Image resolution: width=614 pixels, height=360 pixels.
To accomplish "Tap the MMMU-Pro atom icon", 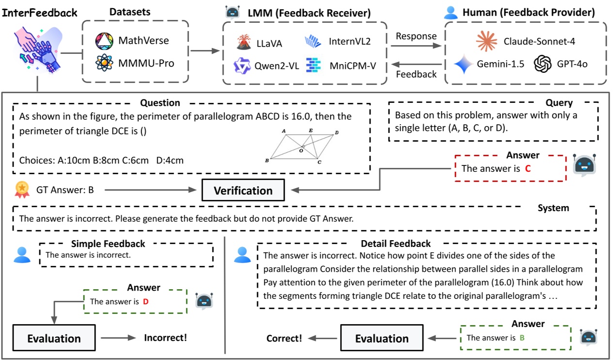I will (x=104, y=64).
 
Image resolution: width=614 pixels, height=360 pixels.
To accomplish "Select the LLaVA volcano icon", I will (x=244, y=43).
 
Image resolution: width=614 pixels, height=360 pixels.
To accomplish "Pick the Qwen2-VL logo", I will (x=241, y=65).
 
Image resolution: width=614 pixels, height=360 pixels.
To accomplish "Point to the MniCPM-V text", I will (x=353, y=65).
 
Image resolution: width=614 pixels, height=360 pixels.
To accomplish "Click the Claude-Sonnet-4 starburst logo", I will (x=486, y=41).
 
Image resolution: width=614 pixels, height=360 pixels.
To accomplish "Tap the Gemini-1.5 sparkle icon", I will (x=464, y=64).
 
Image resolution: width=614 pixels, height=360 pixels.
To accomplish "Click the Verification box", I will (x=243, y=190).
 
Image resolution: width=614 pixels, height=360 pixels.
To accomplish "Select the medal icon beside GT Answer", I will (x=22, y=190).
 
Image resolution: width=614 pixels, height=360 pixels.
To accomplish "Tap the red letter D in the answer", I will (x=145, y=301).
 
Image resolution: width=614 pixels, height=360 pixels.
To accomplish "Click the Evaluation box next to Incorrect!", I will (x=54, y=338).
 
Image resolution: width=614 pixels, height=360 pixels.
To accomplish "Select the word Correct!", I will (x=284, y=338).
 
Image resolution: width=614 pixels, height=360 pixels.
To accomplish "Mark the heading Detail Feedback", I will (x=395, y=244).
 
